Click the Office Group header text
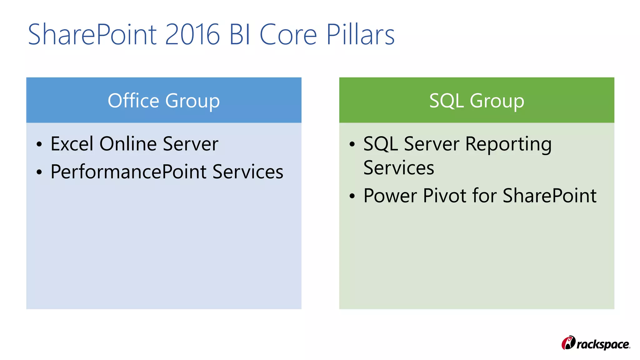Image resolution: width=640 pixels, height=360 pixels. tap(164, 101)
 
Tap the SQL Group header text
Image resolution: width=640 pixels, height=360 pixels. tap(477, 101)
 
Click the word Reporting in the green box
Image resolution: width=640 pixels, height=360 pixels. tap(508, 144)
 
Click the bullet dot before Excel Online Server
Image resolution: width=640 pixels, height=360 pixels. tap(39, 144)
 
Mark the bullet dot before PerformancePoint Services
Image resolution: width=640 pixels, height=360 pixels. tap(39, 172)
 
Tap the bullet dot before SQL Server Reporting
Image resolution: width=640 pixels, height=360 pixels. tap(352, 144)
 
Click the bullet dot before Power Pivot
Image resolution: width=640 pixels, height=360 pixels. tap(352, 196)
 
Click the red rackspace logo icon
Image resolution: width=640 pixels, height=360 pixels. tap(568, 343)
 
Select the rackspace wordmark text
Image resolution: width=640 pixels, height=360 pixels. tap(603, 344)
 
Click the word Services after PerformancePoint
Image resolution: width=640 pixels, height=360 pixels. tap(248, 172)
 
